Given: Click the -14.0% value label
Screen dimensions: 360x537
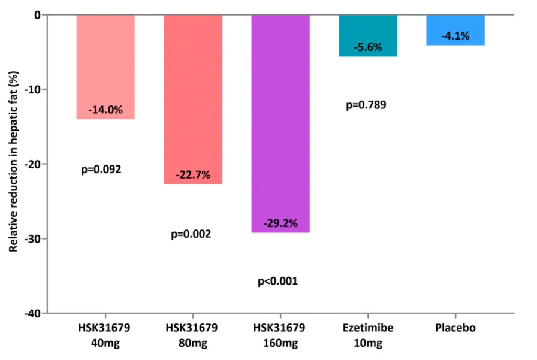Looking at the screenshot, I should coord(105,110).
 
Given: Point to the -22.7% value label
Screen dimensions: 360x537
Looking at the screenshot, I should coord(193,175).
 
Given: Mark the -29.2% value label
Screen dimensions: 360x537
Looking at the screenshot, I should coord(280,224).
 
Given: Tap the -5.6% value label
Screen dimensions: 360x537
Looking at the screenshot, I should coord(368,47).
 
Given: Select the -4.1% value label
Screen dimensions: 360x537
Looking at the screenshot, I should coord(455,37).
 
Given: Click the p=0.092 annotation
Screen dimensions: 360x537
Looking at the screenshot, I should coord(101,170).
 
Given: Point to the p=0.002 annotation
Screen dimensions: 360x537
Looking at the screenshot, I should coord(191,234).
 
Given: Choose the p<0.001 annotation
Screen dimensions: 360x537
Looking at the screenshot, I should coord(277,281).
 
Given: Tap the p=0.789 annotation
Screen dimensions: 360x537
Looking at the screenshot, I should coord(366,105).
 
